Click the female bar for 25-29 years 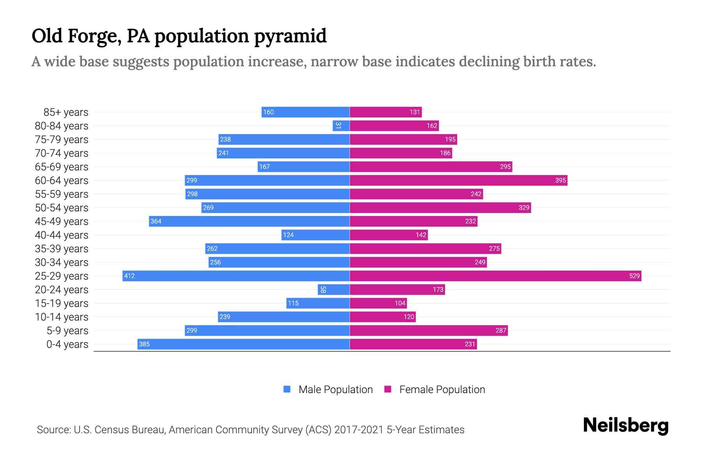(x=495, y=276)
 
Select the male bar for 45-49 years (x=250, y=221)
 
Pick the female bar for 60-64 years (x=458, y=180)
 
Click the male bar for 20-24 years (x=333, y=289)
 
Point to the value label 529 (x=634, y=276)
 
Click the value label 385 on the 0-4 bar (x=144, y=344)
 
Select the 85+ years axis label (x=66, y=112)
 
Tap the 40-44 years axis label (x=62, y=235)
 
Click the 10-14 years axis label (x=62, y=317)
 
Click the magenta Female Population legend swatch (x=388, y=389)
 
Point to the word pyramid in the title (x=290, y=36)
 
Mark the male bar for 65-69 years (x=303, y=167)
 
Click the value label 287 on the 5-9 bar (x=501, y=330)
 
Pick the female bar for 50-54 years (x=440, y=207)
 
